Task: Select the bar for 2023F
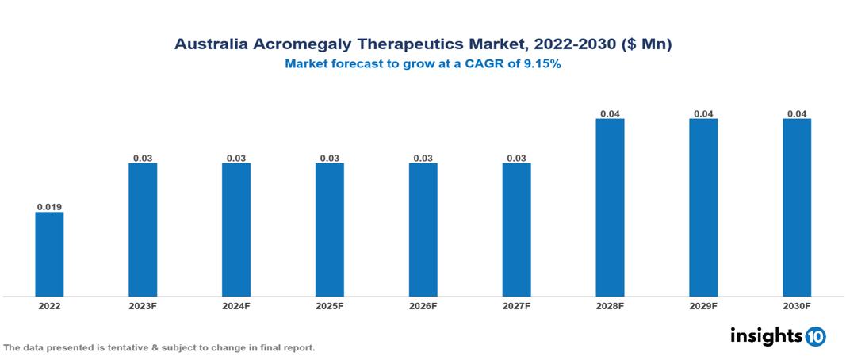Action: [143, 230]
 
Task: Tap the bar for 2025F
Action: [330, 230]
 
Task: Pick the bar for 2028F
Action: [610, 208]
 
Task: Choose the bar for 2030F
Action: [797, 208]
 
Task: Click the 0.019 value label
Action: [49, 207]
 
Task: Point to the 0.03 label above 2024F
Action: [236, 159]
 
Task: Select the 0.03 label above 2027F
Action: [516, 159]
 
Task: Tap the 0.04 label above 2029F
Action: [703, 114]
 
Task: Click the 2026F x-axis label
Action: [423, 305]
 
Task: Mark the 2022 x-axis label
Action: [49, 305]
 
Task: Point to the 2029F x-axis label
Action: [703, 305]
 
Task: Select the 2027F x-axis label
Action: [516, 305]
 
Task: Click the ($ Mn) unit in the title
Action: [647, 45]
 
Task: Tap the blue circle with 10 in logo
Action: [815, 336]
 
